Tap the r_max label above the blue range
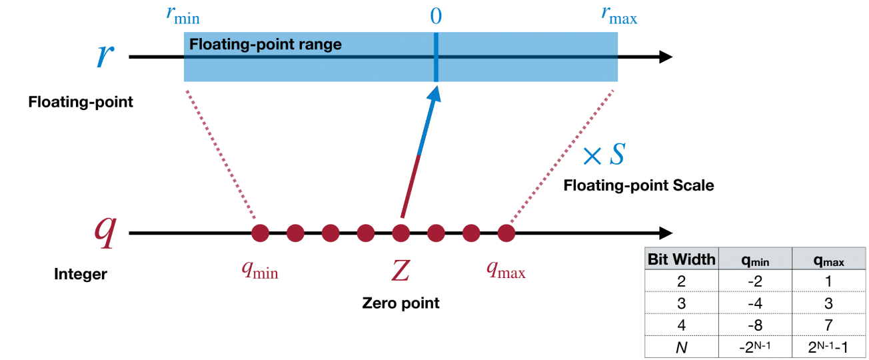click(x=618, y=16)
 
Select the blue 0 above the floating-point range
click(x=435, y=16)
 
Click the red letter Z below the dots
click(x=400, y=270)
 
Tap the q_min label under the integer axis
click(x=259, y=270)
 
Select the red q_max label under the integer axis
click(x=506, y=270)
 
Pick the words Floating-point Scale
click(x=638, y=185)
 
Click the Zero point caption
click(x=401, y=303)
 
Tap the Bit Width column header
click(x=681, y=259)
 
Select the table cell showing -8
click(x=754, y=325)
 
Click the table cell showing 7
click(x=828, y=325)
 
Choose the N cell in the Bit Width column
click(x=681, y=347)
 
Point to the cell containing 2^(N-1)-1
click(x=828, y=347)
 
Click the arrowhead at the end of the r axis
click(x=664, y=57)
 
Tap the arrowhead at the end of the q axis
click(x=664, y=233)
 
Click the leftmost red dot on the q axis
click(x=260, y=233)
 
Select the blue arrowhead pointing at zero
click(x=434, y=95)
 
